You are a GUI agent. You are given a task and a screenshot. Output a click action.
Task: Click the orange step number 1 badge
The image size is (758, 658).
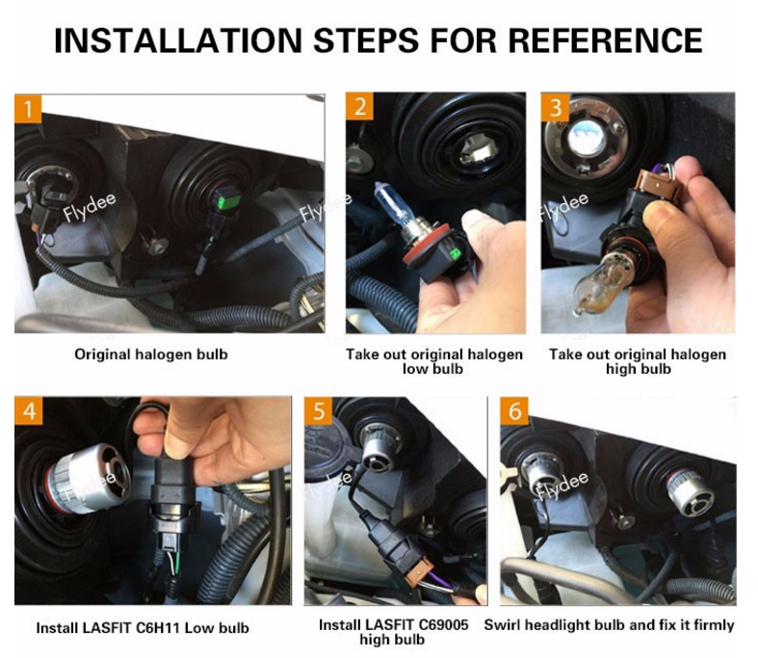coord(28,109)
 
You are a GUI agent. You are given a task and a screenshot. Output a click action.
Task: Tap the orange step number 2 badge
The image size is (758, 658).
coord(359,106)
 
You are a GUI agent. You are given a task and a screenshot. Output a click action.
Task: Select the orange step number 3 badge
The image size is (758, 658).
coord(555,107)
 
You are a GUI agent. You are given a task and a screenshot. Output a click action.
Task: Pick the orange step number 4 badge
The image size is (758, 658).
coord(29,411)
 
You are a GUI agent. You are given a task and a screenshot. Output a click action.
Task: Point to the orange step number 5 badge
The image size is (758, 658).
coord(319,411)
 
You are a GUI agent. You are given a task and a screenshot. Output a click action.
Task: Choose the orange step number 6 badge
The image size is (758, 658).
coord(514,411)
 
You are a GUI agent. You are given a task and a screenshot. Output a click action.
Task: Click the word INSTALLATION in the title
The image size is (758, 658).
coord(178,40)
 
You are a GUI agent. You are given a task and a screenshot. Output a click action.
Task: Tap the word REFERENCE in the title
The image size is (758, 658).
coord(605,40)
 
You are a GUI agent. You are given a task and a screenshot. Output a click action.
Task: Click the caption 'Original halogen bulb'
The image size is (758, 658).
coord(151,355)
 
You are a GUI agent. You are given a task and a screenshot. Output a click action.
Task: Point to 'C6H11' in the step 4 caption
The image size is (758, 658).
coord(158,628)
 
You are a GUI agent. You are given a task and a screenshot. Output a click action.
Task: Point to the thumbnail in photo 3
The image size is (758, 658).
coord(661,211)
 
